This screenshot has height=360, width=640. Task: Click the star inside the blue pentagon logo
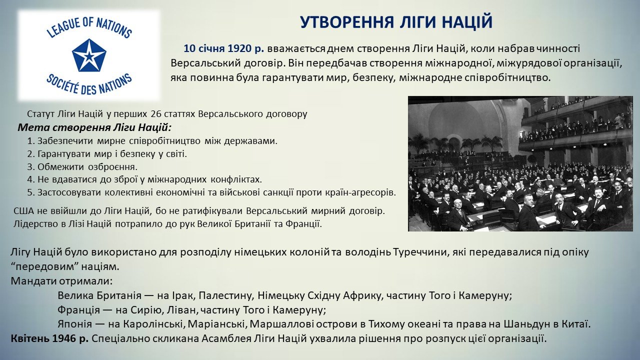click(x=89, y=55)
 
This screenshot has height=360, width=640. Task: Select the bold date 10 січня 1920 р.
click(x=223, y=48)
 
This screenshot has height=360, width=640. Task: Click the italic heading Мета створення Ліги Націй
click(x=94, y=127)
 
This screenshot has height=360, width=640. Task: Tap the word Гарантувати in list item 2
click(x=63, y=154)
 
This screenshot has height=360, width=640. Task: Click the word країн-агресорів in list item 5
click(x=360, y=192)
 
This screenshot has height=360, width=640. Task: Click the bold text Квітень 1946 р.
click(x=49, y=339)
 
